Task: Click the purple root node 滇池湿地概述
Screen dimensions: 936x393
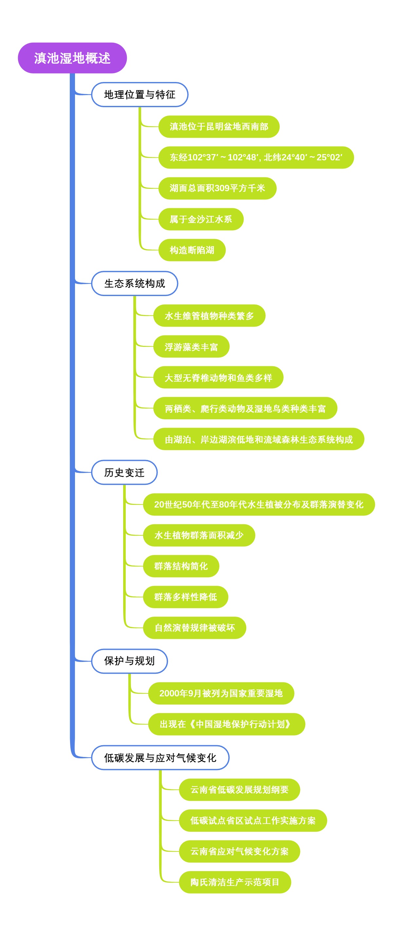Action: pos(72,58)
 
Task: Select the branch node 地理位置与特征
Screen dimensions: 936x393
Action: pos(140,94)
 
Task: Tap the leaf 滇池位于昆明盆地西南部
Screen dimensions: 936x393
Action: pos(219,127)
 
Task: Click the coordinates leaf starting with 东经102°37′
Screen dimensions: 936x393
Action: pos(256,157)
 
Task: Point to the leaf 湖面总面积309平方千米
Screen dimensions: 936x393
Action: pos(217,188)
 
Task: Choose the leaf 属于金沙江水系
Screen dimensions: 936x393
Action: pos(201,219)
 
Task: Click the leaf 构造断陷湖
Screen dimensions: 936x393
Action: pos(192,250)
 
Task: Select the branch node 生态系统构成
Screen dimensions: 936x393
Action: pos(135,283)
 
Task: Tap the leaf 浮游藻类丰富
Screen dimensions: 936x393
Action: pos(191,347)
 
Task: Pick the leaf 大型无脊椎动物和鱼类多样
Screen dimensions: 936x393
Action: pos(218,378)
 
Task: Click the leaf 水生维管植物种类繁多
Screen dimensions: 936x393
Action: pos(209,316)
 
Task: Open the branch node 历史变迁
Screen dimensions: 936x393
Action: pos(124,472)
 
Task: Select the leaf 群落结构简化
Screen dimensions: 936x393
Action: pos(181,566)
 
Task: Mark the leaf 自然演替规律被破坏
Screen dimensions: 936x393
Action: pos(195,628)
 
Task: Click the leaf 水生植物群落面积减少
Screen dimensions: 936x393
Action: pos(199,535)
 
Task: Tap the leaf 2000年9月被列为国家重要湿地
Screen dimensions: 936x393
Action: pos(221,693)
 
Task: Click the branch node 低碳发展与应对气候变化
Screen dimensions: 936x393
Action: pos(160,758)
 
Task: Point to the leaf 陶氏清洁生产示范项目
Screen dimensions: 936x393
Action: pos(235,882)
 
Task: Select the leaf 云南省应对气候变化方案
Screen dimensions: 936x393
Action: pos(239,851)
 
